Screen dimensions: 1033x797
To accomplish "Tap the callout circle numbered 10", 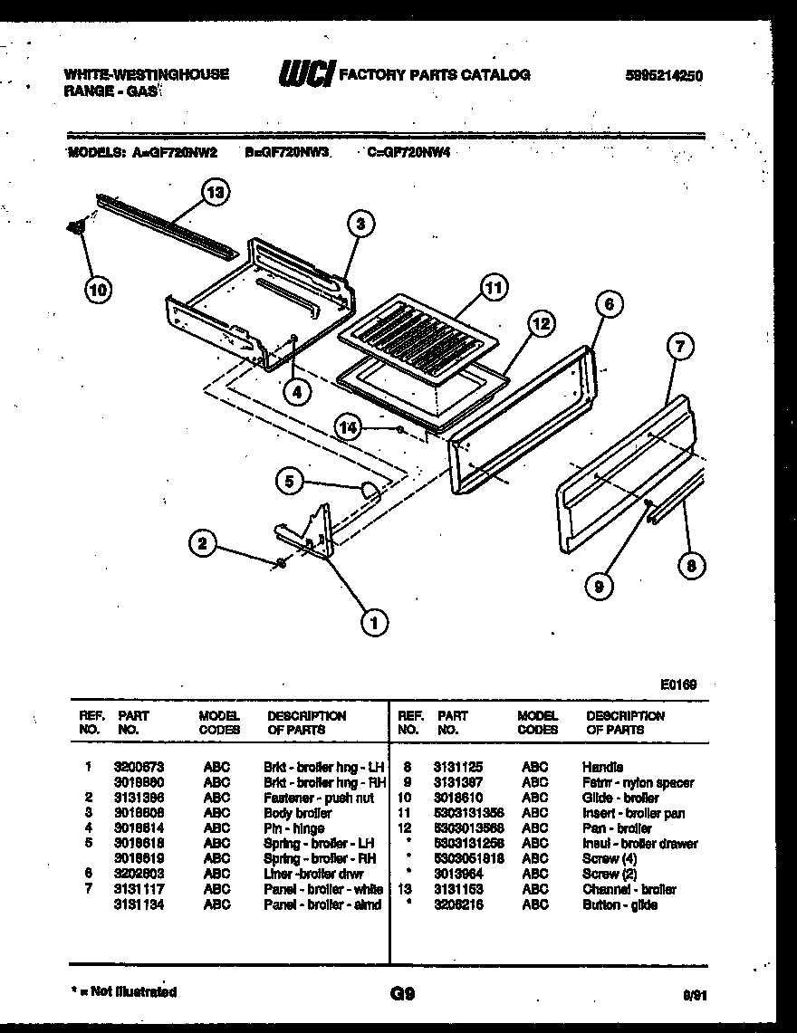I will pyautogui.click(x=98, y=290).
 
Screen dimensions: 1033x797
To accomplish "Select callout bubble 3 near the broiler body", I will pyautogui.click(x=360, y=224).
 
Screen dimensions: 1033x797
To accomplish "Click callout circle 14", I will pyautogui.click(x=347, y=425).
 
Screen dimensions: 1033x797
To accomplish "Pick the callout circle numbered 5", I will pyautogui.click(x=289, y=482).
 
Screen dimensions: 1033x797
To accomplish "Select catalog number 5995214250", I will pyautogui.click(x=663, y=76).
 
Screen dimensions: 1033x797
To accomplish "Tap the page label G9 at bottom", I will pyautogui.click(x=401, y=993).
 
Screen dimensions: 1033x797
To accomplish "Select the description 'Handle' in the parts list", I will pyautogui.click(x=602, y=767).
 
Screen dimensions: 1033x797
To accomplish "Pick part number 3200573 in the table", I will pyautogui.click(x=139, y=766).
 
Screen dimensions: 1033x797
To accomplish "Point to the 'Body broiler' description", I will pyautogui.click(x=297, y=813).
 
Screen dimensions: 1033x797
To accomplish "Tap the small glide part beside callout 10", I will pyautogui.click(x=76, y=228).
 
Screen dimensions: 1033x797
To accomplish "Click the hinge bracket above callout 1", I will pyautogui.click(x=308, y=534).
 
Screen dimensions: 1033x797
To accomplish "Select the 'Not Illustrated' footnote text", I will pyautogui.click(x=124, y=992).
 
